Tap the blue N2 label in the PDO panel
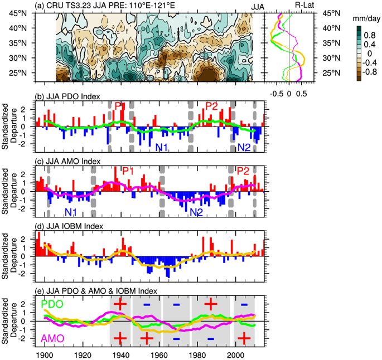pyautogui.click(x=244, y=147)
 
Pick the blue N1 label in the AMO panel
pyautogui.click(x=71, y=212)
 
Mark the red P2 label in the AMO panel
pyautogui.click(x=243, y=171)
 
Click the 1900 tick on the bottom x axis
pyautogui.click(x=45, y=354)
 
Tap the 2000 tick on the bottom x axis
pyautogui.click(x=236, y=354)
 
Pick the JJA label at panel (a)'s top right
pyautogui.click(x=258, y=5)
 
